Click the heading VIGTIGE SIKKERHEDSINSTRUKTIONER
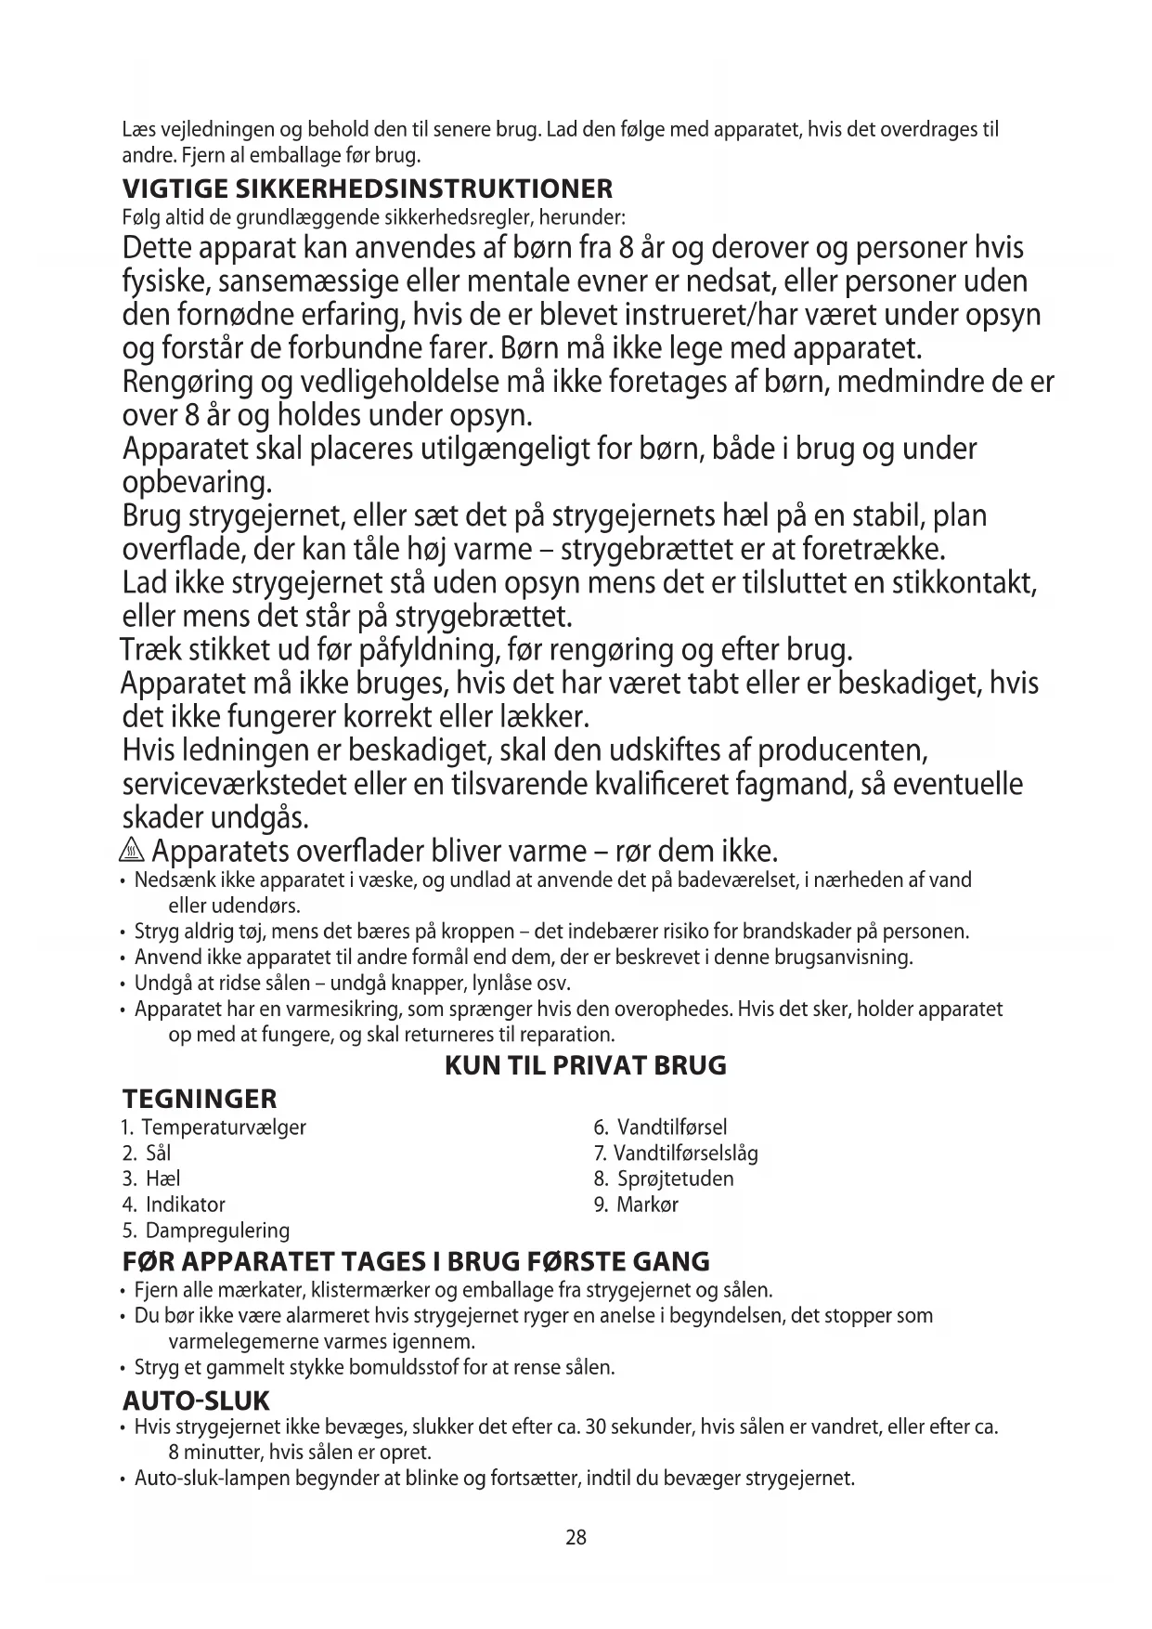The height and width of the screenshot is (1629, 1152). click(368, 189)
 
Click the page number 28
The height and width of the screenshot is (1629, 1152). click(576, 1537)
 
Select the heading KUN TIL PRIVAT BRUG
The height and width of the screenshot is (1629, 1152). click(586, 1065)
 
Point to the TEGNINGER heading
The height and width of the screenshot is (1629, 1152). click(200, 1100)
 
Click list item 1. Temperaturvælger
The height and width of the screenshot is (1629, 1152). click(214, 1127)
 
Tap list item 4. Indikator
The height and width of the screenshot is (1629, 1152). click(174, 1205)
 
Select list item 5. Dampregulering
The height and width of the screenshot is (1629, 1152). click(206, 1231)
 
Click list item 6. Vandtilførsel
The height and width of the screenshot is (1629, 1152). click(660, 1127)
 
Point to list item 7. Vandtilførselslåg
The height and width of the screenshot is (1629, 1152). click(676, 1153)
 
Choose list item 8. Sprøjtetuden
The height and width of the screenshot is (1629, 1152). click(664, 1179)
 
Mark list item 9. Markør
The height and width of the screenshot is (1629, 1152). click(636, 1205)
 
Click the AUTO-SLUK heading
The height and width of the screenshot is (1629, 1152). click(196, 1401)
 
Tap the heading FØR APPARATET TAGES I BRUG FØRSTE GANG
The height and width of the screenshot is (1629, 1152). click(416, 1262)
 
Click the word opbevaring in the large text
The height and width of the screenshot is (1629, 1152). click(198, 483)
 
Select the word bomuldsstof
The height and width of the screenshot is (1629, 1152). click(417, 1367)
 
